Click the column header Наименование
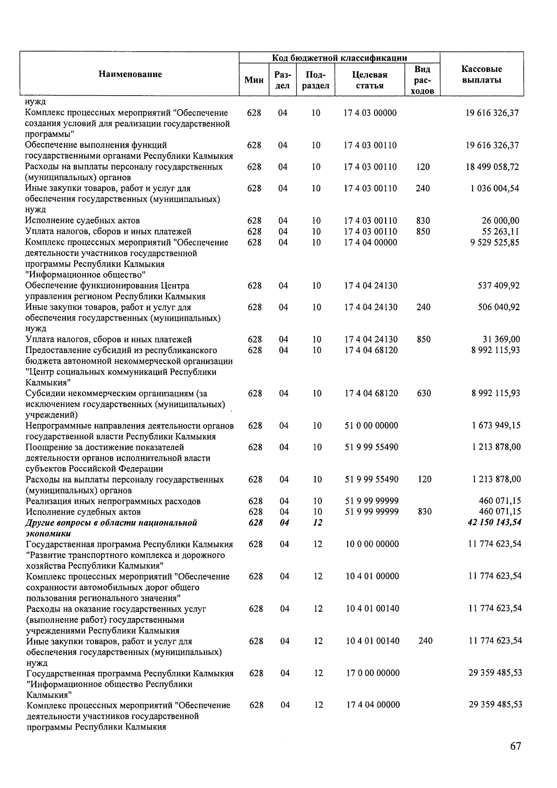tap(130, 74)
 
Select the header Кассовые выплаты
tap(481, 74)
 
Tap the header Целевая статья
tap(370, 80)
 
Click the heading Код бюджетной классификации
tap(339, 58)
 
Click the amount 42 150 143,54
tap(495, 522)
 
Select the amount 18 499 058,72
tap(492, 167)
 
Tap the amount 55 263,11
tap(500, 231)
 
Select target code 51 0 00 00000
tap(371, 425)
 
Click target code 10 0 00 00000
tap(372, 544)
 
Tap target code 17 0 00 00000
tap(373, 673)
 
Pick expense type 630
tap(424, 393)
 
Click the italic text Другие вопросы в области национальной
tap(111, 523)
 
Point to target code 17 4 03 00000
tap(370, 113)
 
